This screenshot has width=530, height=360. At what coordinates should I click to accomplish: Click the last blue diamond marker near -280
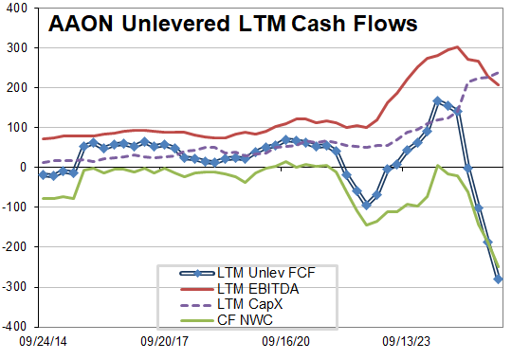click(498, 279)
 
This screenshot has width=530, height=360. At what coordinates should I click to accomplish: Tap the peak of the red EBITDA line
click(458, 46)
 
